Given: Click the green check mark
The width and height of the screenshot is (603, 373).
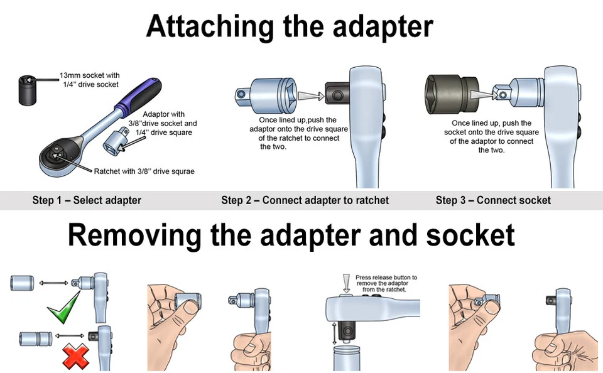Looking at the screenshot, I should [x=64, y=305].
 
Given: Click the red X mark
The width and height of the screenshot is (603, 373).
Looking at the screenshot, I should [x=75, y=356].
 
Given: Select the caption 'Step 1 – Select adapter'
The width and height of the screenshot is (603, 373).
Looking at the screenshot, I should [x=87, y=200].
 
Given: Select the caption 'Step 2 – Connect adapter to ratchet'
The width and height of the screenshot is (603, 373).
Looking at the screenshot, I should [x=305, y=200].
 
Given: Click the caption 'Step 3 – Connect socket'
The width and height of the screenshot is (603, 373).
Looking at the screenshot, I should [x=493, y=200].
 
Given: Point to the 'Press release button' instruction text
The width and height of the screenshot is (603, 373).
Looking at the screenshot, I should [x=386, y=283].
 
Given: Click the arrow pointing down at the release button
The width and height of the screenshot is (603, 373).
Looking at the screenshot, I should [x=345, y=283].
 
